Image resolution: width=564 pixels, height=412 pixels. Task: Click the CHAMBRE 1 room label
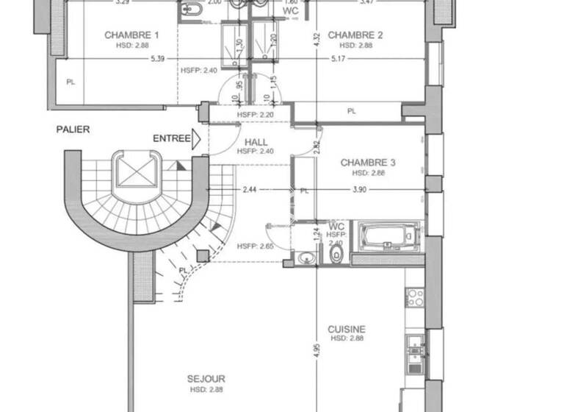tap(131, 35)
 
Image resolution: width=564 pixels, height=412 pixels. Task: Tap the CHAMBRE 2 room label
tap(355, 35)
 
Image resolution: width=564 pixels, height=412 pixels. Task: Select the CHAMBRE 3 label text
tap(368, 163)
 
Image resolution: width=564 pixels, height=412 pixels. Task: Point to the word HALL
tap(255, 142)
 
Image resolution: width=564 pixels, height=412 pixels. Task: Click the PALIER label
tap(73, 129)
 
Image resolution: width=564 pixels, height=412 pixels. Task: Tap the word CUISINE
tap(347, 330)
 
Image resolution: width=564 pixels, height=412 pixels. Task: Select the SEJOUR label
tap(206, 380)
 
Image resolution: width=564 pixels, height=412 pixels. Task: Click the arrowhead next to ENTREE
tap(196, 138)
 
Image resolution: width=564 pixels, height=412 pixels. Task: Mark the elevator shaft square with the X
tap(134, 174)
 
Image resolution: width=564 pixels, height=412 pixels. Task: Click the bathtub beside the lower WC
tap(387, 238)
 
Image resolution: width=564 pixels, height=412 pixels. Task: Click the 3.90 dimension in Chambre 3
tap(358, 191)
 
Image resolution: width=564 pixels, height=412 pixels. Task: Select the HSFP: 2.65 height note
tap(255, 246)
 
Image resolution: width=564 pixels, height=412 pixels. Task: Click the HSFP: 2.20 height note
tap(255, 115)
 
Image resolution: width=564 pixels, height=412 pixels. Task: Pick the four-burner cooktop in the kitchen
tap(415, 297)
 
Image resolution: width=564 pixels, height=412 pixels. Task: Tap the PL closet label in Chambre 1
tap(70, 82)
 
